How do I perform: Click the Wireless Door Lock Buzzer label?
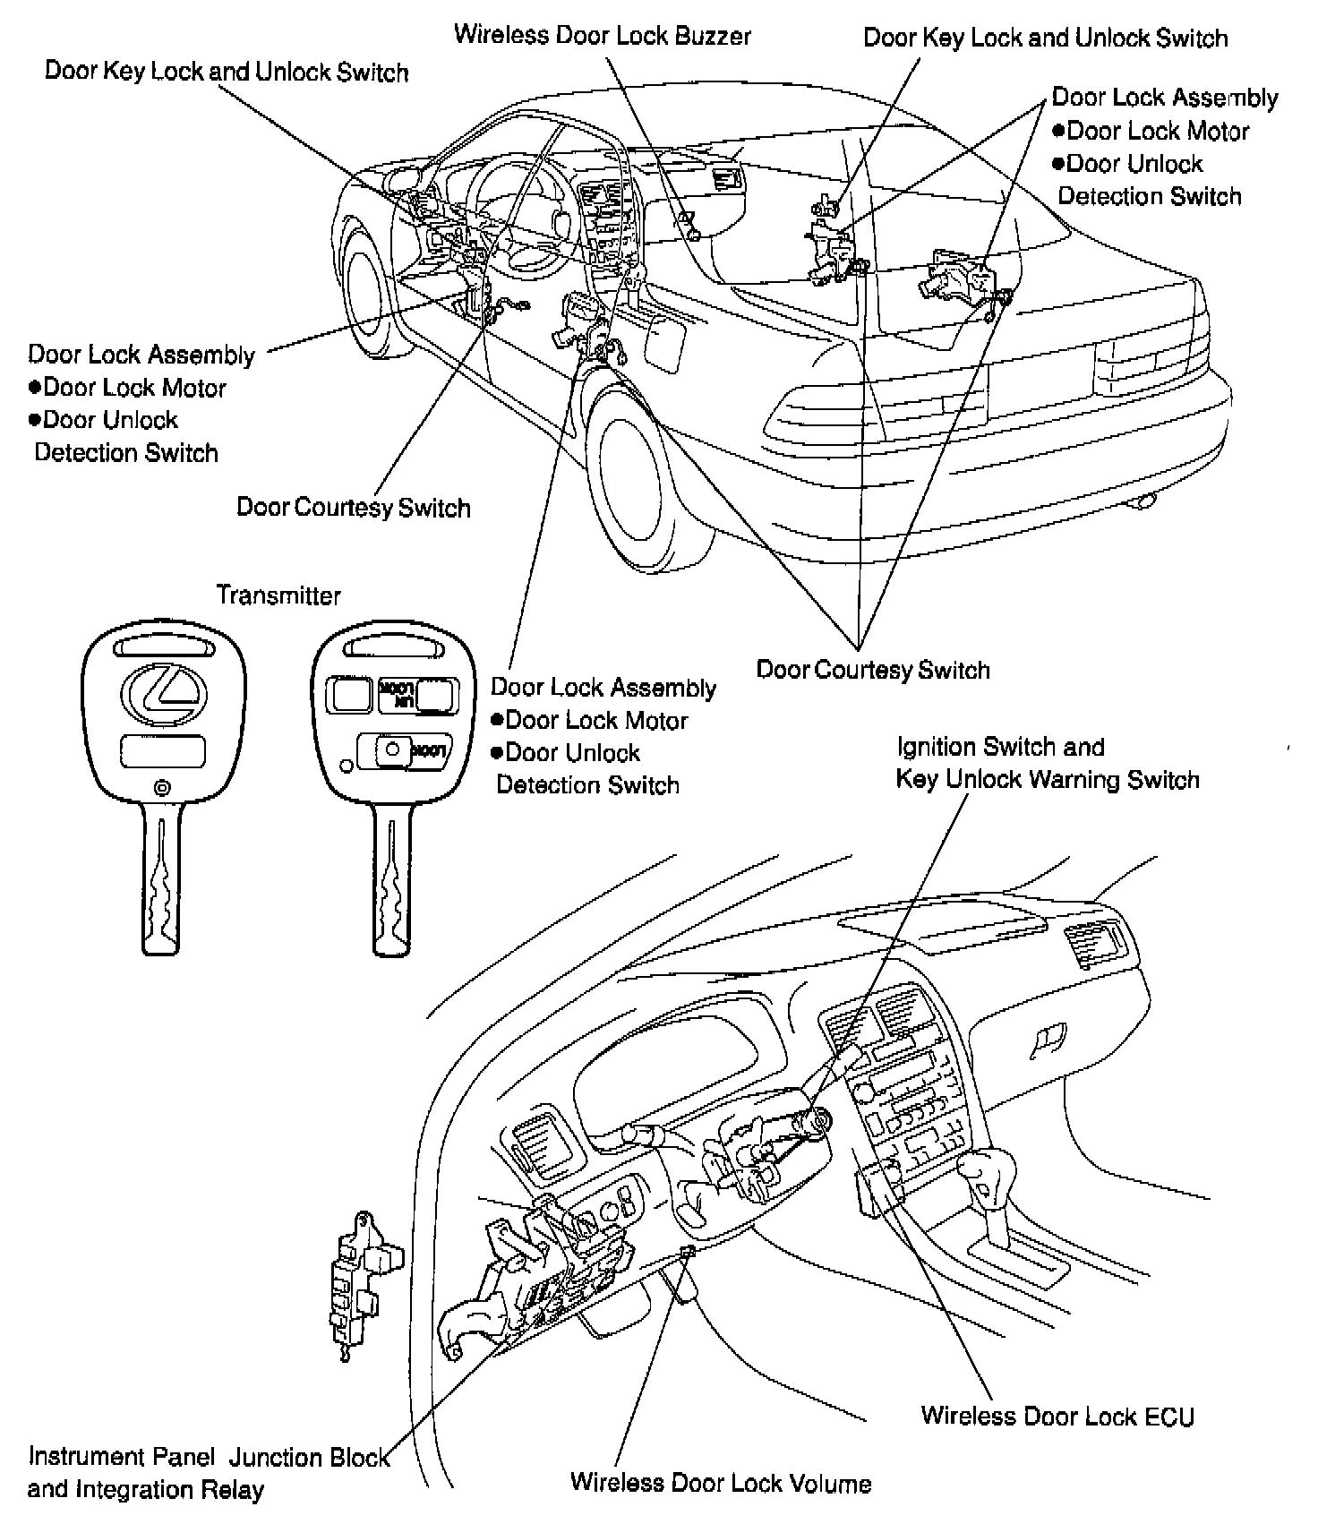click(x=602, y=36)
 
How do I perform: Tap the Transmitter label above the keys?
click(x=278, y=595)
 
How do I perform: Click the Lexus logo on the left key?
click(x=162, y=694)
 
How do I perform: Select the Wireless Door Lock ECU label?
click(x=1057, y=1416)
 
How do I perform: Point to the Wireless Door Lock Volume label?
click(x=721, y=1483)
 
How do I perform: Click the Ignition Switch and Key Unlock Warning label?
click(x=1047, y=763)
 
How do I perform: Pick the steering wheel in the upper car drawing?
click(x=519, y=215)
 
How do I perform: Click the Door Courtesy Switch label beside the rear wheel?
click(x=873, y=670)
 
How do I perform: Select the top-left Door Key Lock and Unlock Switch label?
click(x=227, y=72)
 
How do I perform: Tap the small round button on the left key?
click(x=162, y=788)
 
